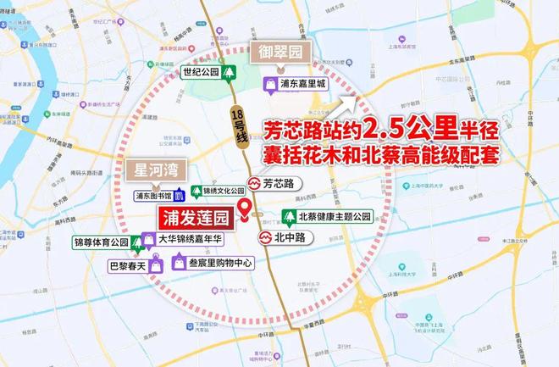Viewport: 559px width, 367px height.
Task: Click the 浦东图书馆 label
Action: (x=152, y=195)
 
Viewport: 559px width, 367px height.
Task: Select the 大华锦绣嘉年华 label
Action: (x=191, y=240)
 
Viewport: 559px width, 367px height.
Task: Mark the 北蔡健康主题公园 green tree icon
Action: (x=288, y=217)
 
